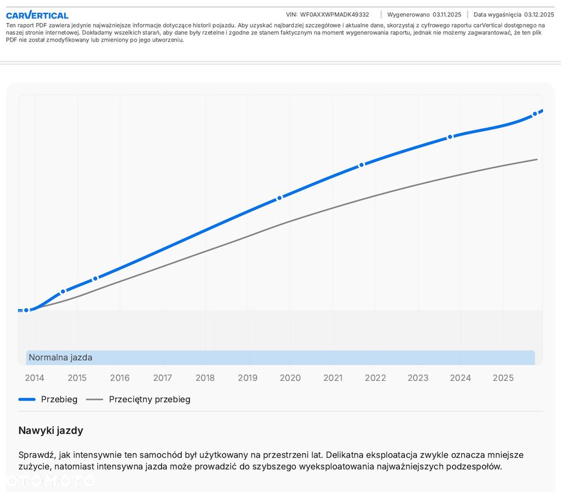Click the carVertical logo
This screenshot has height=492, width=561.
[37, 15]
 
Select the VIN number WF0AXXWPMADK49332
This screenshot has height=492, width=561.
[334, 15]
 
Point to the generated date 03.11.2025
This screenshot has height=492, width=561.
[447, 15]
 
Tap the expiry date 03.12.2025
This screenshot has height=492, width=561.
[539, 15]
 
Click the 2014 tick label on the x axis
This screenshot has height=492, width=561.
[34, 378]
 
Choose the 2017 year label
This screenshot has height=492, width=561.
[163, 378]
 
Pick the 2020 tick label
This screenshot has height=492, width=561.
[290, 378]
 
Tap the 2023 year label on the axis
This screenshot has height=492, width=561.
[418, 378]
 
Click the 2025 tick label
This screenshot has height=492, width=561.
[503, 378]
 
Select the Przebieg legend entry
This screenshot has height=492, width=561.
[59, 399]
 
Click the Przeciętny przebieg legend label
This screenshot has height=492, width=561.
[149, 399]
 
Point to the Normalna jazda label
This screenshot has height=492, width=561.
[61, 357]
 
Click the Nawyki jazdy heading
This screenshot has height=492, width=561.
[50, 431]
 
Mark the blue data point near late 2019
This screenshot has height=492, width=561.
[279, 198]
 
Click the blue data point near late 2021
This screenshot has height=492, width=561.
[362, 164]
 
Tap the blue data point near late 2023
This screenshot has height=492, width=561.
[450, 137]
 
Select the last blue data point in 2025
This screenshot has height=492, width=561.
[535, 113]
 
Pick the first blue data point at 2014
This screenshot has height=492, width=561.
[26, 310]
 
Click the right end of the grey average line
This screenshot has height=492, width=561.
[537, 159]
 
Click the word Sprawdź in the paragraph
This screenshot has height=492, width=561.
[36, 454]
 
